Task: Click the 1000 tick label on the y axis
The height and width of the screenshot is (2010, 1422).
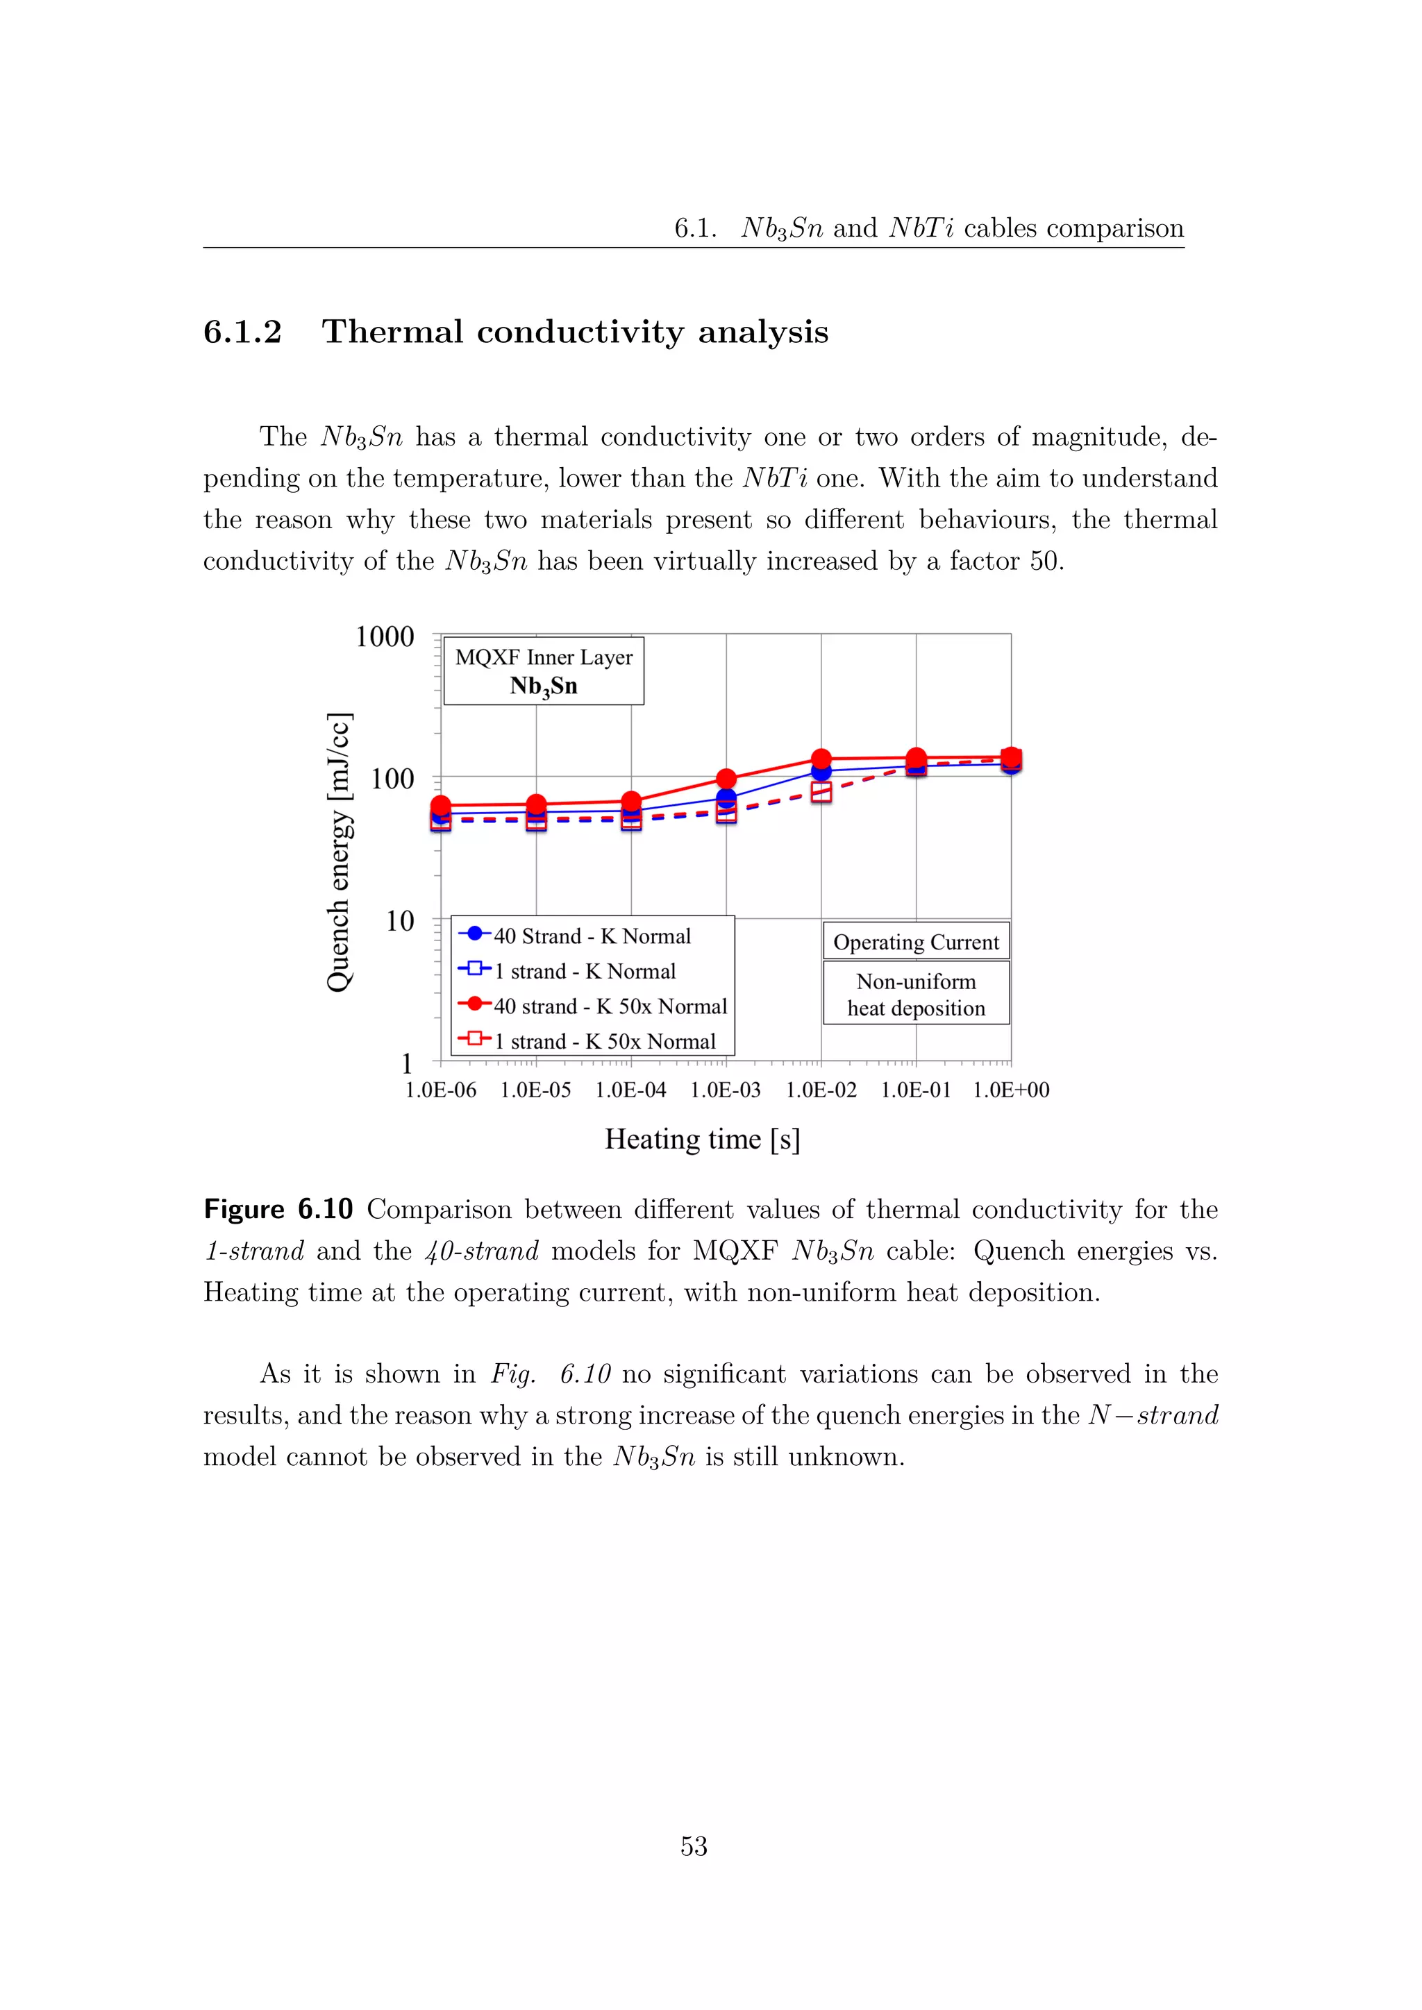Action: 385,636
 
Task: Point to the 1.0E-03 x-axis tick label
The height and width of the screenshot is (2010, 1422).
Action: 725,1090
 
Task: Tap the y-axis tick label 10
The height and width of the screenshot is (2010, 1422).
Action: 399,921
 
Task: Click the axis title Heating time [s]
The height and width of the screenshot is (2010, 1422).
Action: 702,1139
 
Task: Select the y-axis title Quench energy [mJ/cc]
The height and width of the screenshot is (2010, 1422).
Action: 339,852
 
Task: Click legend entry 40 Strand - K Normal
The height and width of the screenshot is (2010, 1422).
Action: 592,936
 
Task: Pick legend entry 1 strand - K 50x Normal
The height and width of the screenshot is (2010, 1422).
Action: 604,1041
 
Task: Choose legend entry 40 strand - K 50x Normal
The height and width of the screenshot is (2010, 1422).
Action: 610,1006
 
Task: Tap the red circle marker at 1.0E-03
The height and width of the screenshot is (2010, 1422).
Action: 726,778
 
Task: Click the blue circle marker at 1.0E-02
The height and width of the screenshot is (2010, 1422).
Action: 821,771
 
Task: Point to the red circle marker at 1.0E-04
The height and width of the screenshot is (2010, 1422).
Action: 631,801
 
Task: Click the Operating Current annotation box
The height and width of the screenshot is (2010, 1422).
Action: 916,942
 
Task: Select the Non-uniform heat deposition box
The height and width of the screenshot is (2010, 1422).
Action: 916,995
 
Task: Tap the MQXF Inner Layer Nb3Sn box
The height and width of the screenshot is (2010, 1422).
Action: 544,671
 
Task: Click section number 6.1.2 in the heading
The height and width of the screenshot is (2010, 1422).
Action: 242,332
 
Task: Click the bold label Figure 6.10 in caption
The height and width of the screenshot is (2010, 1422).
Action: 278,1210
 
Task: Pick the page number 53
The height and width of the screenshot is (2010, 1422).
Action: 694,1846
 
